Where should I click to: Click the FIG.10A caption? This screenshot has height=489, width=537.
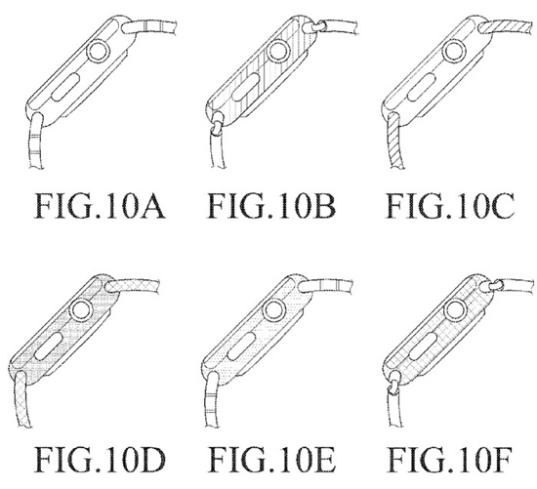[100, 206]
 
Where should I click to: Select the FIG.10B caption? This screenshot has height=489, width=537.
[271, 206]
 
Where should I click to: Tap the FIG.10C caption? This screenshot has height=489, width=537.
[450, 206]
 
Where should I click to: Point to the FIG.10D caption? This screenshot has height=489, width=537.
[101, 460]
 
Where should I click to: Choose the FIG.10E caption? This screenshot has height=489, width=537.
[272, 460]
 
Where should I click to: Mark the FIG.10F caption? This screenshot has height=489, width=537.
[450, 460]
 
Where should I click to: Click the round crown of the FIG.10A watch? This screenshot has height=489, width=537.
[99, 52]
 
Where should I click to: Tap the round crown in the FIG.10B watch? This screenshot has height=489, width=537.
[279, 52]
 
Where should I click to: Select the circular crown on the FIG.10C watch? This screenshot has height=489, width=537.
[454, 52]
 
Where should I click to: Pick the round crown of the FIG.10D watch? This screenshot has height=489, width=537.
[81, 309]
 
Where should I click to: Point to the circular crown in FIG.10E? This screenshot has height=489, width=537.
[274, 310]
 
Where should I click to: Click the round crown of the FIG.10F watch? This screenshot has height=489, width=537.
[456, 310]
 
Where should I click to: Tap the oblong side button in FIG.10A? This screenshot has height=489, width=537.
[65, 87]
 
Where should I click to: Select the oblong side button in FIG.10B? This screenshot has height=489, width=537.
[245, 87]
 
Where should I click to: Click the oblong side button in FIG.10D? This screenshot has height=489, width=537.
[48, 346]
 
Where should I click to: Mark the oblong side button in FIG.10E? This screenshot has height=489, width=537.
[241, 346]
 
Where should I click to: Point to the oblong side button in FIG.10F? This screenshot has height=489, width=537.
[423, 346]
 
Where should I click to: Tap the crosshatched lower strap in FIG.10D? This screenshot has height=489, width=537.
[22, 399]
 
